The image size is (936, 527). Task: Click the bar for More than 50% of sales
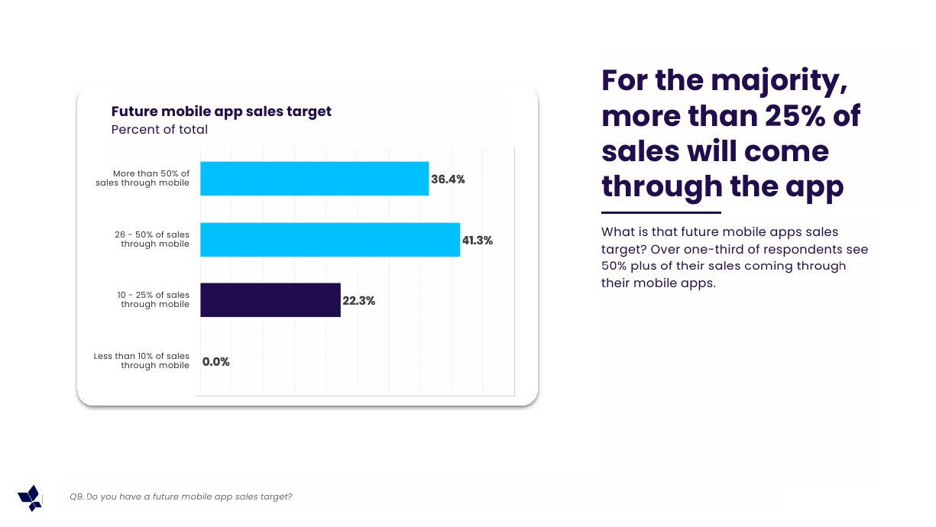pyautogui.click(x=315, y=179)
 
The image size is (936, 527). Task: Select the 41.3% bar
pyautogui.click(x=330, y=240)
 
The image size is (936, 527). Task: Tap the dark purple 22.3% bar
pyautogui.click(x=270, y=300)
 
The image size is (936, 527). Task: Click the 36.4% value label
pyautogui.click(x=448, y=179)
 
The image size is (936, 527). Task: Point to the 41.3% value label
pyautogui.click(x=478, y=240)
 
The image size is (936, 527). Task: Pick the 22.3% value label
pyautogui.click(x=359, y=301)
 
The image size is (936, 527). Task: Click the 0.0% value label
pyautogui.click(x=216, y=361)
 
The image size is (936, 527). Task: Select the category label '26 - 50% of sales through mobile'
pyautogui.click(x=152, y=239)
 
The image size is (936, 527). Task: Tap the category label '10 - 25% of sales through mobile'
pyautogui.click(x=154, y=299)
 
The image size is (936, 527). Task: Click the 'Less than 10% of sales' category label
pyautogui.click(x=141, y=356)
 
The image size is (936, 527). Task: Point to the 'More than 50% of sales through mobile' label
pyautogui.click(x=142, y=178)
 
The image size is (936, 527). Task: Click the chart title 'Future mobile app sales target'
pyautogui.click(x=221, y=112)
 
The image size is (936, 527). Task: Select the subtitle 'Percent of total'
pyautogui.click(x=159, y=129)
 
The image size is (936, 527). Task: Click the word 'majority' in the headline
pyautogui.click(x=779, y=81)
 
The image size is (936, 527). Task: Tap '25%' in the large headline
pyautogui.click(x=795, y=115)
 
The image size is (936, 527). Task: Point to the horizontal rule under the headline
pyautogui.click(x=661, y=212)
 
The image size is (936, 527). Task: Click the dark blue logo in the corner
pyautogui.click(x=30, y=498)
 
